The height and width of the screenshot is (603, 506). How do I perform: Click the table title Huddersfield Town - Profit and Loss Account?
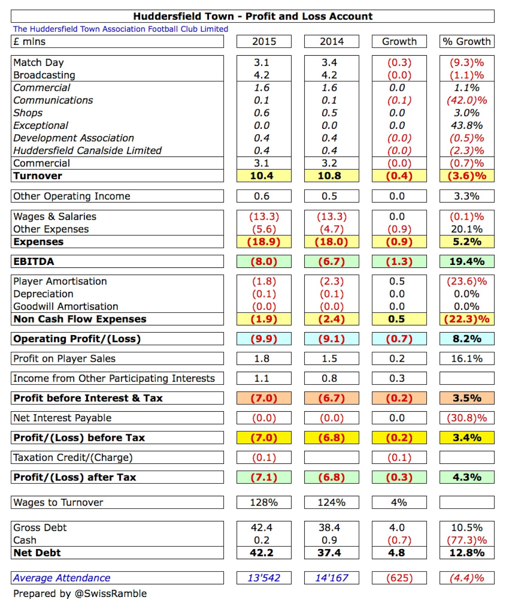253,16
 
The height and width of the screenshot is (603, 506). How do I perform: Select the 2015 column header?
264,41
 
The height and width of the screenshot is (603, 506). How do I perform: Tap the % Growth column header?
467,41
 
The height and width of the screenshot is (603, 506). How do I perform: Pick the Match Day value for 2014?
329,63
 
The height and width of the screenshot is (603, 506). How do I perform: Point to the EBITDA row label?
34,262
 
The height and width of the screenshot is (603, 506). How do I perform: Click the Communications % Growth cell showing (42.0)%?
467,100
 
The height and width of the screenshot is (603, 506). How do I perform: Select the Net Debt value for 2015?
262,553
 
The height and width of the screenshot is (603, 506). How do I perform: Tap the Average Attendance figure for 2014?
332,578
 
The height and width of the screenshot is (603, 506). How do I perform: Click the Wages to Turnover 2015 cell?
264,502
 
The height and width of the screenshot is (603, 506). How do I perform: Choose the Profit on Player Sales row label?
64,358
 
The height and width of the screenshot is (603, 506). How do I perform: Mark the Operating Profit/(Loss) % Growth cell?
467,339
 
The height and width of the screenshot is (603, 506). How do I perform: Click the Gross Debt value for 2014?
329,528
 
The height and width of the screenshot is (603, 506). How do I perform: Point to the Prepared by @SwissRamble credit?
80,594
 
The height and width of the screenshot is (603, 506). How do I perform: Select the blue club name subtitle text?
120,29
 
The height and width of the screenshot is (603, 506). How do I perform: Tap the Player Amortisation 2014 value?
332,282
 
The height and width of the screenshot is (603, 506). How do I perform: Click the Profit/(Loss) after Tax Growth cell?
399,477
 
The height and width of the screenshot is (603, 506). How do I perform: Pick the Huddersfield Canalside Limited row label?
87,151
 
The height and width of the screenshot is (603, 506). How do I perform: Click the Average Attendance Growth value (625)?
399,578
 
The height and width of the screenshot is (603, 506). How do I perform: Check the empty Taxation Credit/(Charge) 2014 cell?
332,458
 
